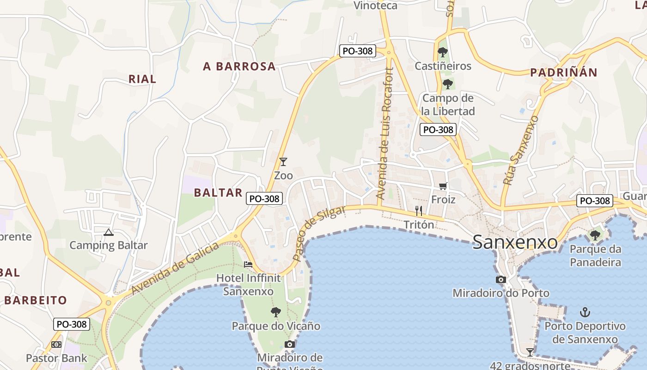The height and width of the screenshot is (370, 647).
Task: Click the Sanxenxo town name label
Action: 515,242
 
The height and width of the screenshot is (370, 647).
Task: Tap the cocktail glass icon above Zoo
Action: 283,162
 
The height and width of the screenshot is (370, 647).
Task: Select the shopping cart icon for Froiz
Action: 443,186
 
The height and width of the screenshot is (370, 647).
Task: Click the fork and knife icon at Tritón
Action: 419,211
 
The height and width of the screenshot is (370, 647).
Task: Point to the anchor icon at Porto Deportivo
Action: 585,312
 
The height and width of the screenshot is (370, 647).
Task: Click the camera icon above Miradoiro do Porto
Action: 501,279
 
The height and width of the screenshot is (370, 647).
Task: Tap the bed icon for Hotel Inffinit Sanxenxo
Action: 248,265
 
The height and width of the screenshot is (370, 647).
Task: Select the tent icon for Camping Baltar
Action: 109,232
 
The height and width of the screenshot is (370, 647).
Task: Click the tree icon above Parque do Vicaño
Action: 276,312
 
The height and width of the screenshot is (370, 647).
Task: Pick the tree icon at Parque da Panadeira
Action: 595,235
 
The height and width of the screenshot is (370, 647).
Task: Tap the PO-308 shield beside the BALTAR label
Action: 264,198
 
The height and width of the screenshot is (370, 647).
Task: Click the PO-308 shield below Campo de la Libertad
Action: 438,129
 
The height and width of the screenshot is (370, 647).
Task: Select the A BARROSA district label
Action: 239,67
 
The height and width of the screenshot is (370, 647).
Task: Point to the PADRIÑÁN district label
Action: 563,73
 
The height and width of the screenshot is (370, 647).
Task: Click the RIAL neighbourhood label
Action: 142,79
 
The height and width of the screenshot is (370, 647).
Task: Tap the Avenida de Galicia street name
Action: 175,268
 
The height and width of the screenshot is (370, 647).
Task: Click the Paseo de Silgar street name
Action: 319,233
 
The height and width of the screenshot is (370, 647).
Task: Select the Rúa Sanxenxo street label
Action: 521,150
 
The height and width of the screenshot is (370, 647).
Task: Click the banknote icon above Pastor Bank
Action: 56,345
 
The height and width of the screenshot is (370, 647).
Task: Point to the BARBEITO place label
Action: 36,300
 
